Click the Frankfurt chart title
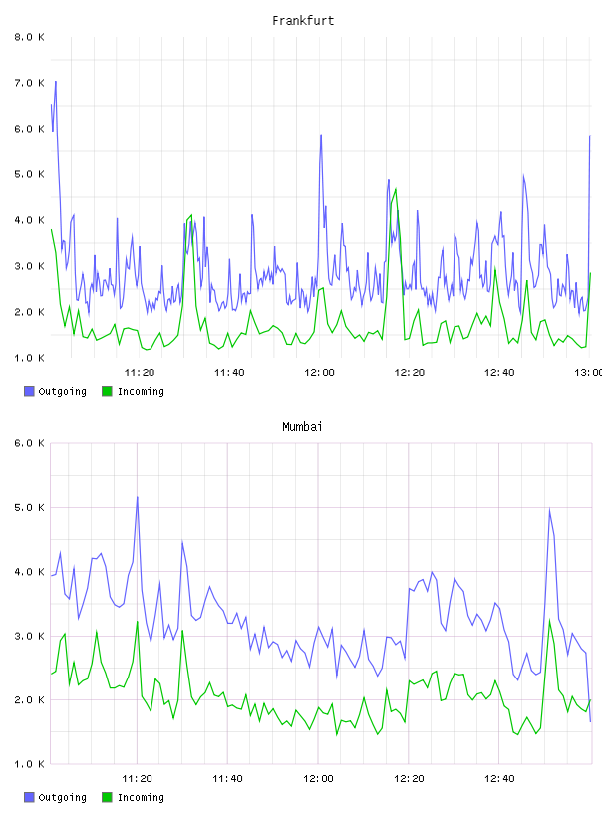tap(303, 21)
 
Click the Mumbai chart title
tap(302, 427)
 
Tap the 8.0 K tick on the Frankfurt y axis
tap(29, 37)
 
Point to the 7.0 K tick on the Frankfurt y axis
tap(29, 83)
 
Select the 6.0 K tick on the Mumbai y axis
tap(29, 443)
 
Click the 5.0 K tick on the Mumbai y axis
tap(29, 507)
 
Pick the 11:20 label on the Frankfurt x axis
tap(140, 372)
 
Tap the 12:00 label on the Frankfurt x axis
tap(319, 372)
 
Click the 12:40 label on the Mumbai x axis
tap(499, 778)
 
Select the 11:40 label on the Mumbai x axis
tap(227, 778)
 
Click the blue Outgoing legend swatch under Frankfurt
tap(29, 391)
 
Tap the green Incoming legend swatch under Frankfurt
tap(107, 391)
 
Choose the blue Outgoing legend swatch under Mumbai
tap(29, 797)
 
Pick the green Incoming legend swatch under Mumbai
tap(107, 797)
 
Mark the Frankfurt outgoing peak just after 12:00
tap(321, 135)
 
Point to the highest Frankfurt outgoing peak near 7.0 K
tap(56, 82)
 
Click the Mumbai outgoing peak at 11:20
tap(137, 497)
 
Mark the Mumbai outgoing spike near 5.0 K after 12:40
tap(549, 509)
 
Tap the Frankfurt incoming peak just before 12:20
tap(396, 189)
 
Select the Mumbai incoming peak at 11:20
tap(138, 621)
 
